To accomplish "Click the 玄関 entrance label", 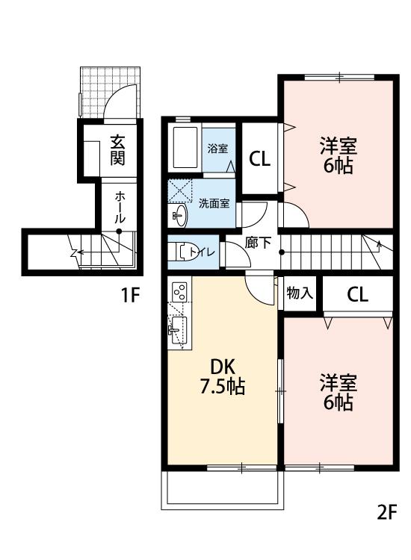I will (117, 150).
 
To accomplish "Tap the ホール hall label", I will (120, 207).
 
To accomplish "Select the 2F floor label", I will (386, 512).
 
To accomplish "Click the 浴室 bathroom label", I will (217, 149).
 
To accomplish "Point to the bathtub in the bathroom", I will (184, 147).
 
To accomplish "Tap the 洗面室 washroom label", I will (214, 203).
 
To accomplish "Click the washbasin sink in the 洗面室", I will (178, 216).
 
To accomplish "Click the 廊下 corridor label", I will (257, 242).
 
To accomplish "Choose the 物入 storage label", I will (300, 293).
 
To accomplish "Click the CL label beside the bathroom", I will (259, 158).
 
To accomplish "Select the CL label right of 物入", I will (357, 294).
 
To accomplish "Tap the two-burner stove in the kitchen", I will (179, 293).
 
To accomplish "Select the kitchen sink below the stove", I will (177, 327).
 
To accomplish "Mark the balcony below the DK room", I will (223, 490).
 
